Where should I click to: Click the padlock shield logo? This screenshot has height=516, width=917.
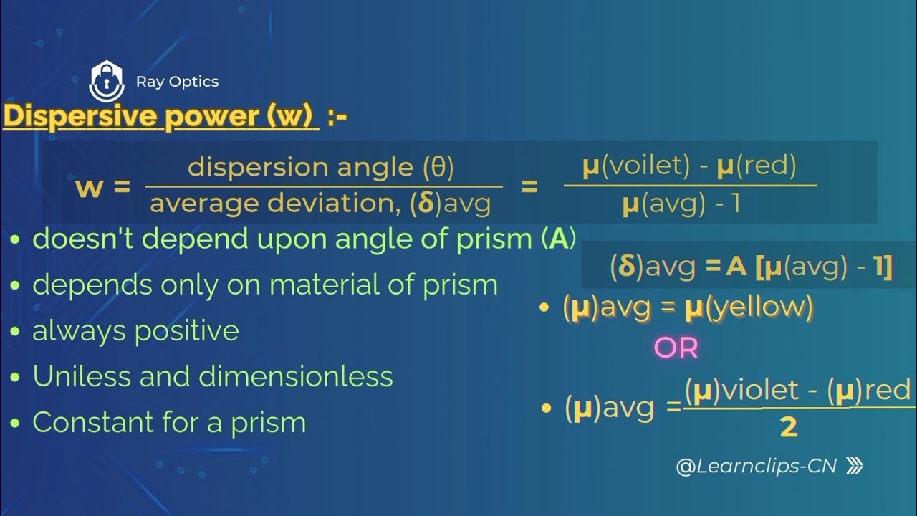coord(106,81)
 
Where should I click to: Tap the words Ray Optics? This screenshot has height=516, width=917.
coord(177,82)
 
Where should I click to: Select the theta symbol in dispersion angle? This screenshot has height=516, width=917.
coord(438,167)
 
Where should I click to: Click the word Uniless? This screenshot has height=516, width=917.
coord(81,377)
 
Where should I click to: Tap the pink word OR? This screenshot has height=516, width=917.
coord(676,348)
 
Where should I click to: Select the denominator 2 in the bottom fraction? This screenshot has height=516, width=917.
coord(788,428)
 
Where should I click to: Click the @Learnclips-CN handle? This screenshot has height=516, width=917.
coord(756,467)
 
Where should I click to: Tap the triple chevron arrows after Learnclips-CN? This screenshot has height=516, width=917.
coord(854,467)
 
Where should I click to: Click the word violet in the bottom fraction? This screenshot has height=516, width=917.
coord(760,391)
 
